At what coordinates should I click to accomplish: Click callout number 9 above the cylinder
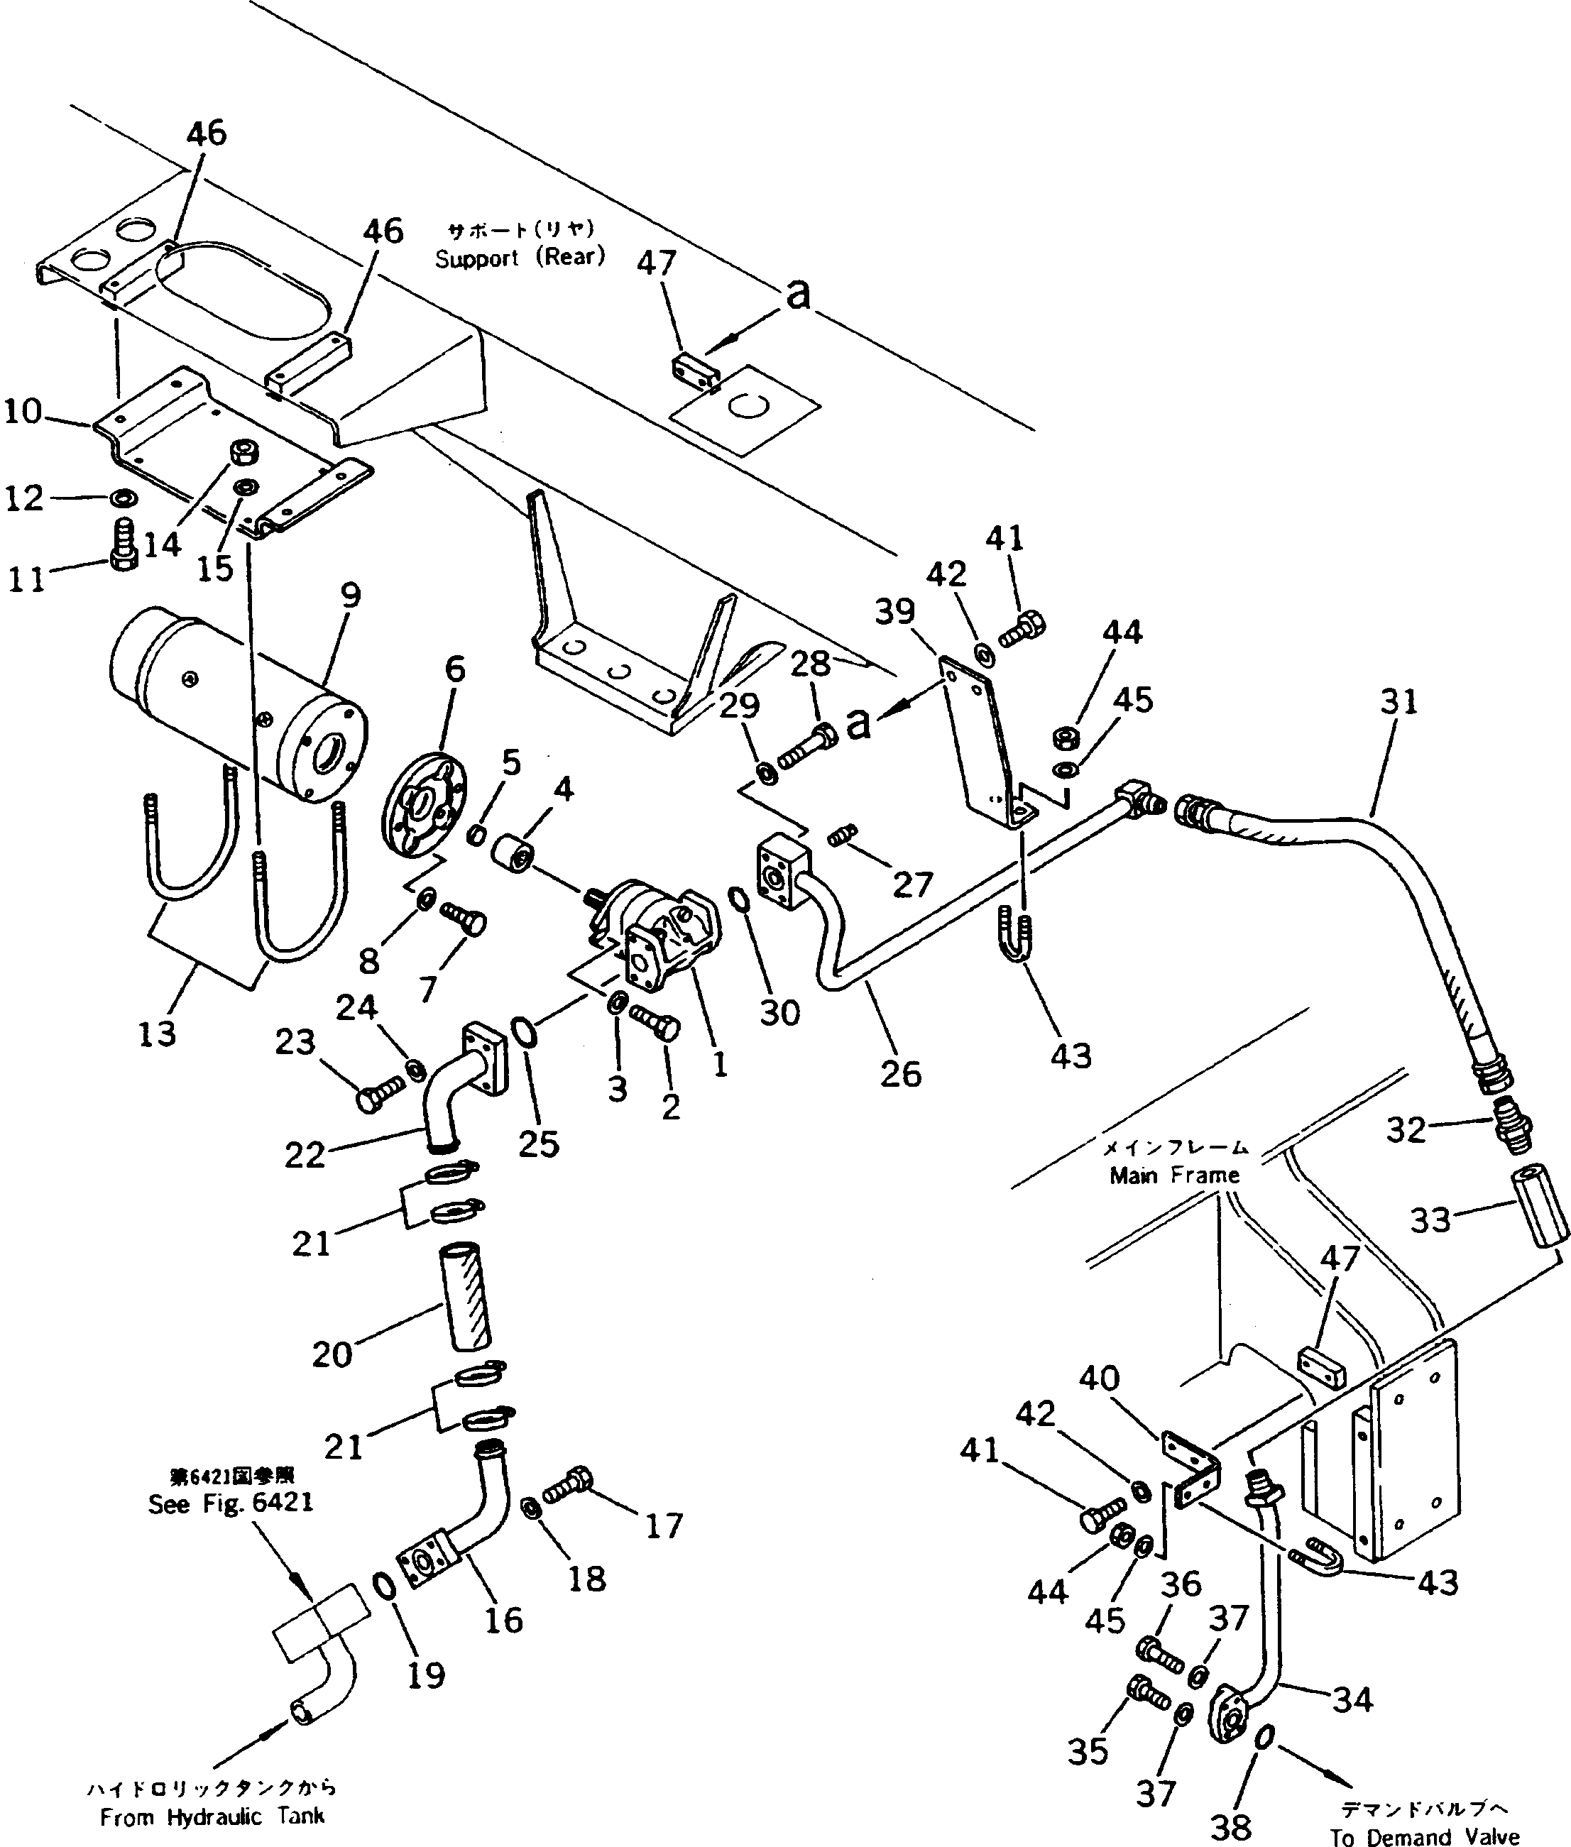(x=350, y=596)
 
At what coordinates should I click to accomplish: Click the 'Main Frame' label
(x=1173, y=1175)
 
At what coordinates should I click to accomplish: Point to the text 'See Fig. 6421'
(x=230, y=1503)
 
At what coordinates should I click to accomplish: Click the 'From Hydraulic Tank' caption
(x=212, y=1816)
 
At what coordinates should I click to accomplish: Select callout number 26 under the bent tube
(x=899, y=1073)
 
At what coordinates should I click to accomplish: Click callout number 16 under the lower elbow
(x=503, y=1620)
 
